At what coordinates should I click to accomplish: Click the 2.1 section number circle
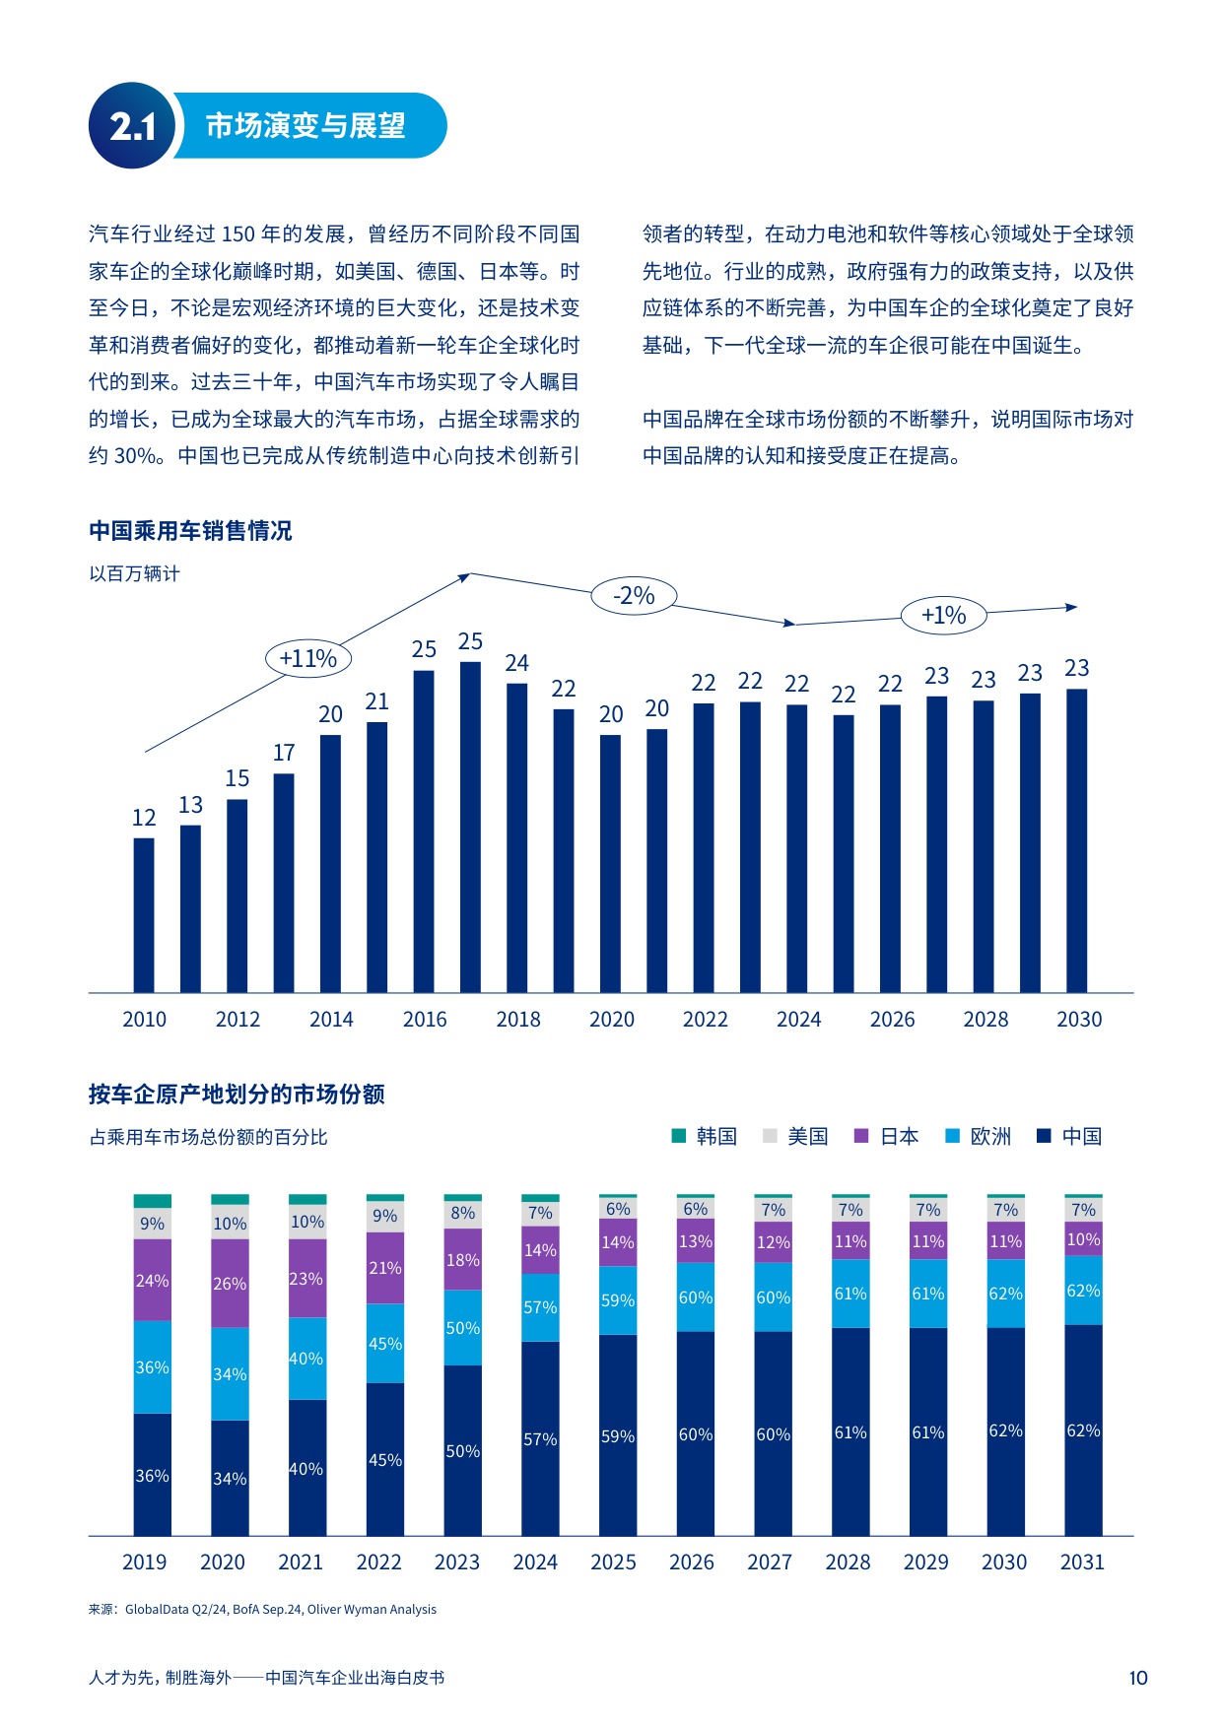(x=131, y=126)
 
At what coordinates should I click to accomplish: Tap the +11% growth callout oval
(x=308, y=658)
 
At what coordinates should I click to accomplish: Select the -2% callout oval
(x=634, y=595)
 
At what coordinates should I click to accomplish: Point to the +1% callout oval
(x=943, y=616)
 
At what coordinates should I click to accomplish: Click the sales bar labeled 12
(x=144, y=914)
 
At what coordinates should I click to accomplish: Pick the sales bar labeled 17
(x=284, y=882)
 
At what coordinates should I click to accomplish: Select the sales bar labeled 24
(x=516, y=837)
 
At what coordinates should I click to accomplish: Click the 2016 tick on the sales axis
(x=425, y=1020)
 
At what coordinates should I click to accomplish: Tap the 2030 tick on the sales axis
(x=1079, y=1020)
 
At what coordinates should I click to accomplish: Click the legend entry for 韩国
(x=705, y=1136)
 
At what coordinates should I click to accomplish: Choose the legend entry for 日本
(x=887, y=1136)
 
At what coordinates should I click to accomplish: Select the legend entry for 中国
(x=1070, y=1136)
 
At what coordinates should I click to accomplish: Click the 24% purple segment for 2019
(x=152, y=1280)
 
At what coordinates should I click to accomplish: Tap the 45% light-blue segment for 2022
(x=384, y=1343)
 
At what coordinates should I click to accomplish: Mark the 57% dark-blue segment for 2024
(x=540, y=1438)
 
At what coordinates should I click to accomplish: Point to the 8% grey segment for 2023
(x=462, y=1214)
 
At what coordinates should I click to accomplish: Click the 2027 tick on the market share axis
(x=770, y=1562)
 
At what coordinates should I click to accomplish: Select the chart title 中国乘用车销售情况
(x=190, y=531)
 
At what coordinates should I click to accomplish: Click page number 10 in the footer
(x=1137, y=1678)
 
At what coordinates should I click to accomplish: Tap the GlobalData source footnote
(x=263, y=1610)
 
